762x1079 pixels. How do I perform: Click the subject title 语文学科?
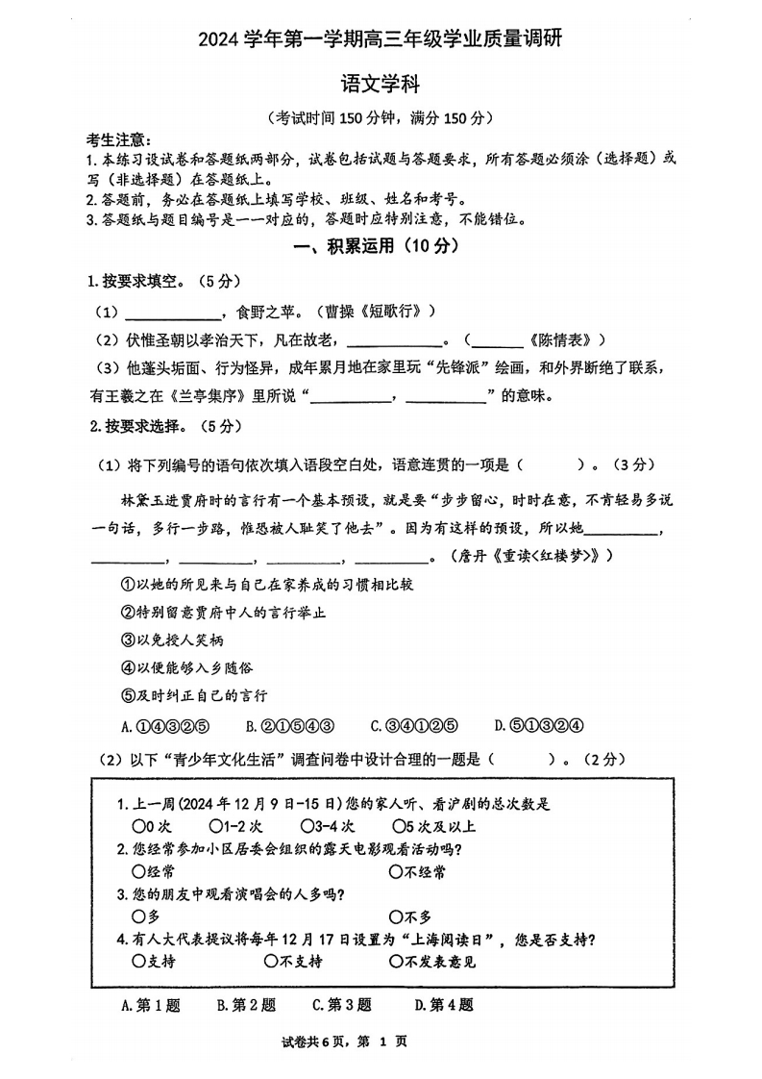[381, 86]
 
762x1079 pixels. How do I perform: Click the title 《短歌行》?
[398, 312]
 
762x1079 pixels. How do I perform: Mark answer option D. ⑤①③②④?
[539, 726]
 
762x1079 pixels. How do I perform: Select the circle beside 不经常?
[396, 872]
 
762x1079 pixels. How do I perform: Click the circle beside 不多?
[396, 917]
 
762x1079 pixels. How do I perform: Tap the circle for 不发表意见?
[396, 962]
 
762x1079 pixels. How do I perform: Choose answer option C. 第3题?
[341, 1005]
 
